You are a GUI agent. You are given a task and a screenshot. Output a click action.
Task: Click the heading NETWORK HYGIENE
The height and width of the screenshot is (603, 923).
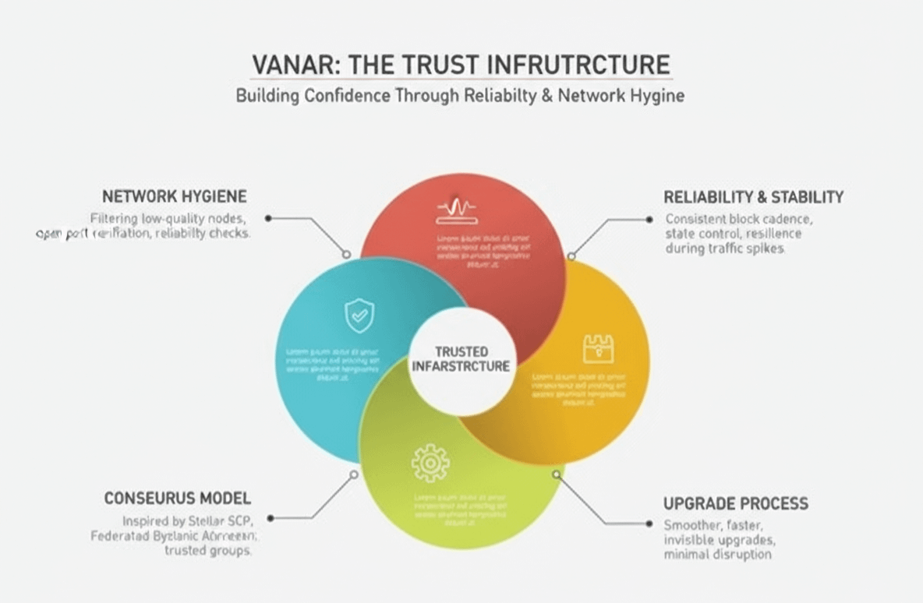[x=175, y=196]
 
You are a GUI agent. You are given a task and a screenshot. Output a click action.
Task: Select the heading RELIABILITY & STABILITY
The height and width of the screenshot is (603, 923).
[x=753, y=197]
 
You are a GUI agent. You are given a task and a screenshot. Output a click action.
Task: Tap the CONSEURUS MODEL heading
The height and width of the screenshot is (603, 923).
[x=178, y=498]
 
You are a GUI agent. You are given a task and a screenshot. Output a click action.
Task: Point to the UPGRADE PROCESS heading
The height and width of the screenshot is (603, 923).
[x=735, y=503]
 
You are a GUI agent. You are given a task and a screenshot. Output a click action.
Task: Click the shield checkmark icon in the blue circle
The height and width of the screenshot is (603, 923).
[x=359, y=316]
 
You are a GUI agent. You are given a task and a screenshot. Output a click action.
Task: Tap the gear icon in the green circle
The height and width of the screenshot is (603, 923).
[x=430, y=463]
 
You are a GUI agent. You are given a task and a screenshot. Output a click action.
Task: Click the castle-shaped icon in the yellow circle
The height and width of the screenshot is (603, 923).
[x=598, y=349]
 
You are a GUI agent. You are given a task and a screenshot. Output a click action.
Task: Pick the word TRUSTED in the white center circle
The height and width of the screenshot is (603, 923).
[x=461, y=352]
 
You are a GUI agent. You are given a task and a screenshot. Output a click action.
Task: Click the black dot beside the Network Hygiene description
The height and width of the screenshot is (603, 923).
[x=268, y=219]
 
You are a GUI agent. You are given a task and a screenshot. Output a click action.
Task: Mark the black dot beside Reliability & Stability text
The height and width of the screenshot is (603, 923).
[x=649, y=220]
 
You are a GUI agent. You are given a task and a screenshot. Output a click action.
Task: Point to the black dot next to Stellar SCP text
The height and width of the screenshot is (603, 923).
[x=271, y=517]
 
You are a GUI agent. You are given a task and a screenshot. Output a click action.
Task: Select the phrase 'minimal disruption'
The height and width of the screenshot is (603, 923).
[x=717, y=555]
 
